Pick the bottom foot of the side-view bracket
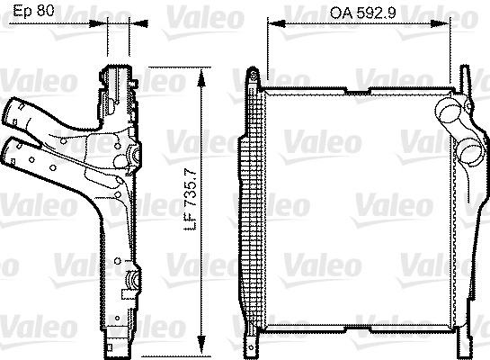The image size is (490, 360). tap(116, 345)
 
